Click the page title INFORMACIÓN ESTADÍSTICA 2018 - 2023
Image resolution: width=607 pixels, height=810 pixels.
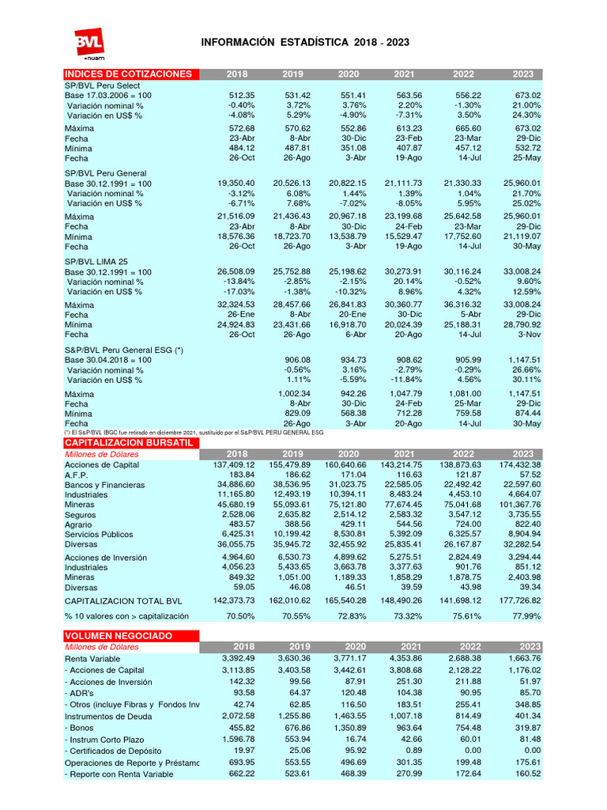click(x=305, y=42)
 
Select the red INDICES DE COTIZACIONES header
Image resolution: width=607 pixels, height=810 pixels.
click(x=128, y=74)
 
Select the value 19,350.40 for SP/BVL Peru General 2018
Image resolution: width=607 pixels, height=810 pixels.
click(x=236, y=183)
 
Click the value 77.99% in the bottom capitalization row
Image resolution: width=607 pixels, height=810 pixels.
click(x=526, y=615)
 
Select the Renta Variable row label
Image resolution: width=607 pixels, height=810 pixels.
click(x=93, y=658)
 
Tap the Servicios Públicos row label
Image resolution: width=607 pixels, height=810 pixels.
click(x=98, y=535)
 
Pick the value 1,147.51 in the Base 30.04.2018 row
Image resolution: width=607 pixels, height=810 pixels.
click(x=522, y=360)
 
